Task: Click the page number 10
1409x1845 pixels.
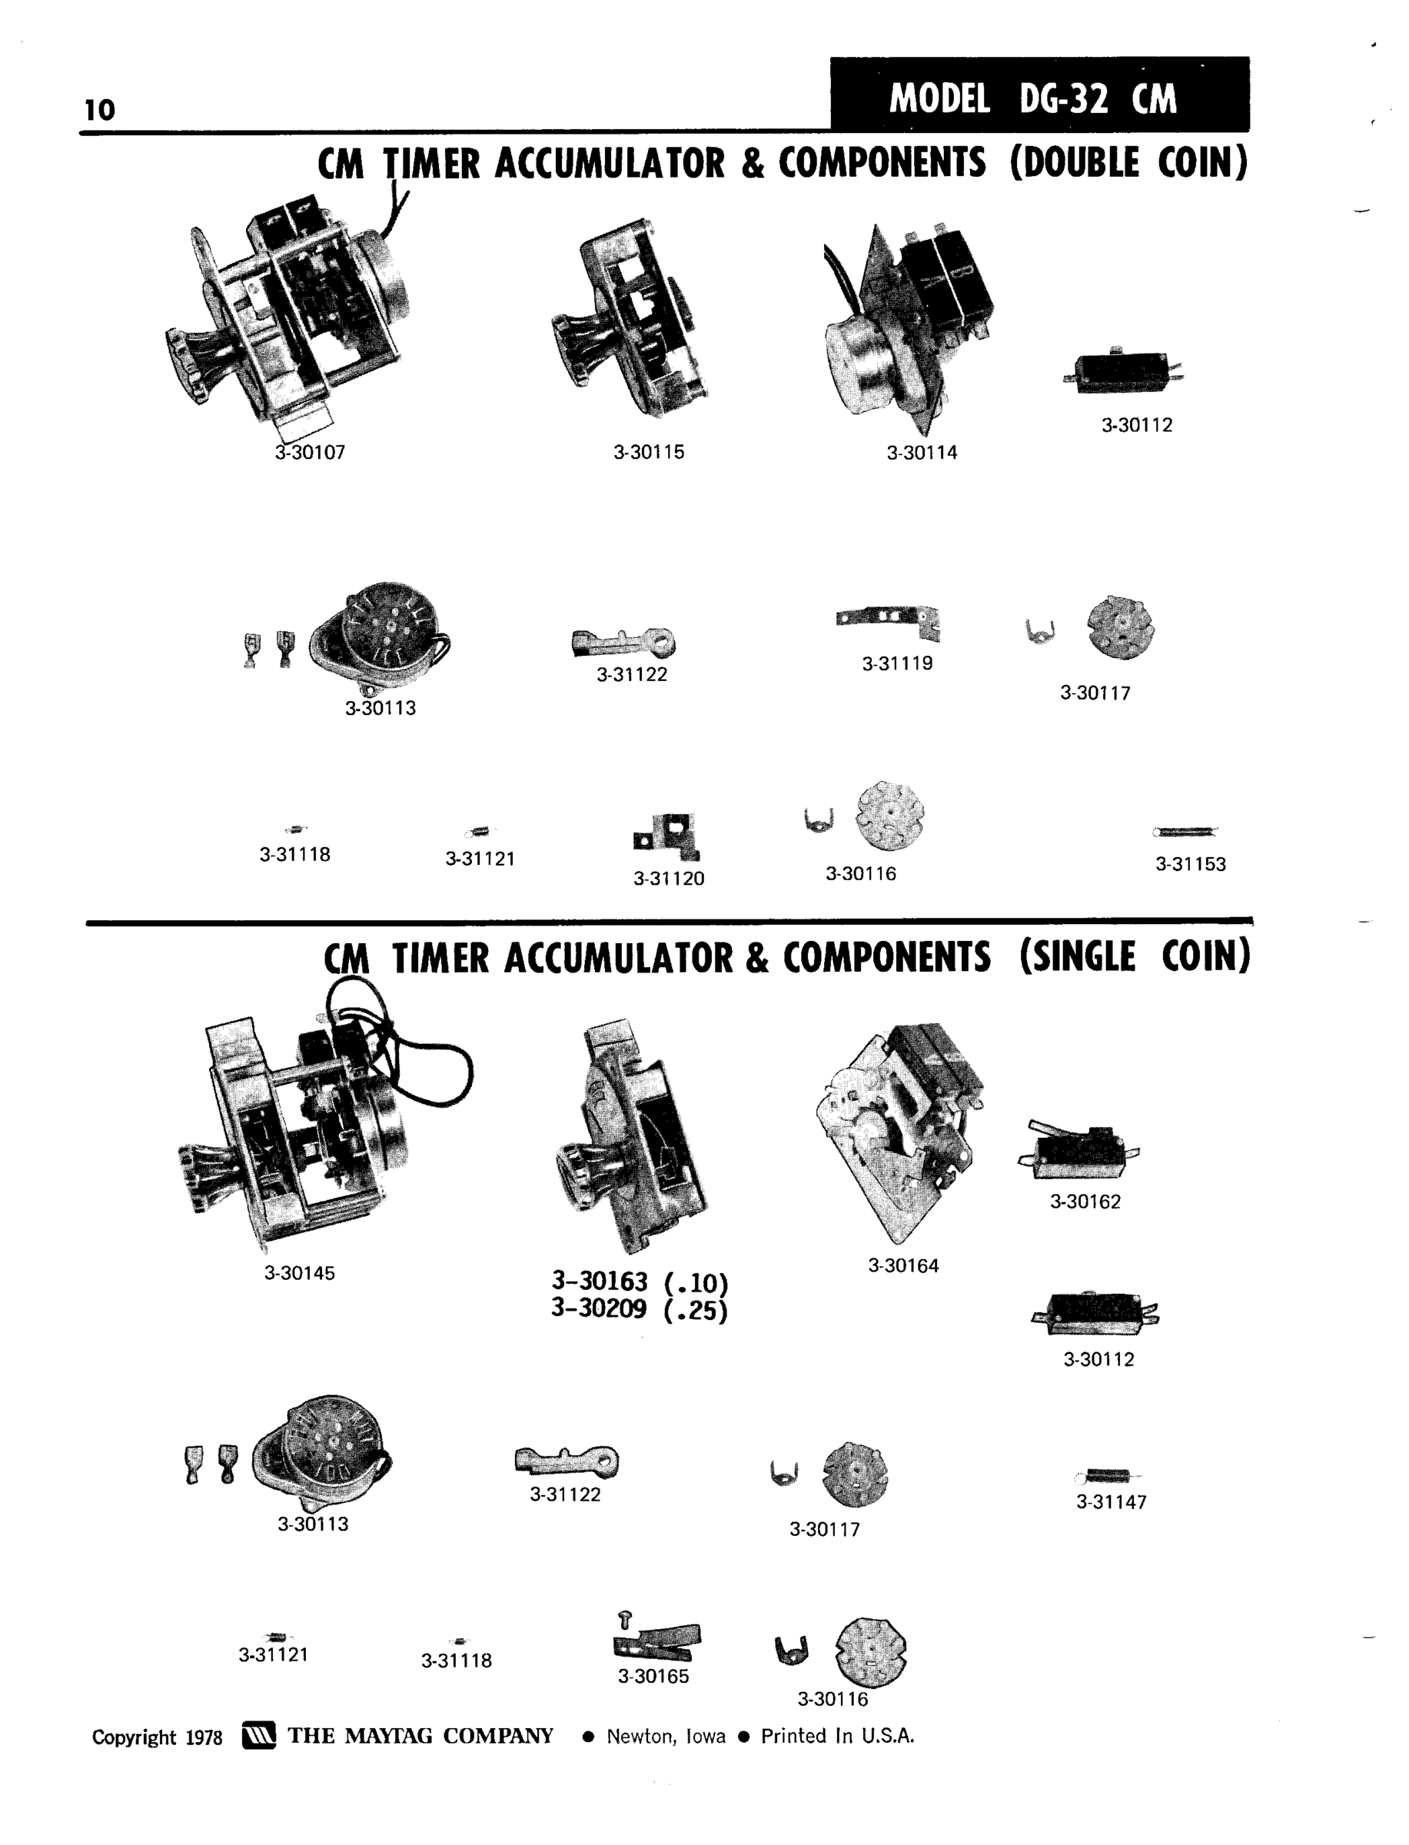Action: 100,109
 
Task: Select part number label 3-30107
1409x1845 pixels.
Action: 311,452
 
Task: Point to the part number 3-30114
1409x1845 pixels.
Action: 922,453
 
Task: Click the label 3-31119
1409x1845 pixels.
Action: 897,663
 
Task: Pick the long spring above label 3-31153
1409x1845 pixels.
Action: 1185,832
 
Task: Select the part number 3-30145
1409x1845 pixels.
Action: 300,1272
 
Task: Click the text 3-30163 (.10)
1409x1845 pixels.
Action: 640,1282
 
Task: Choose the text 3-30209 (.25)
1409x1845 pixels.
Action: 640,1309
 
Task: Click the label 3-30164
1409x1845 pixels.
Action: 903,1265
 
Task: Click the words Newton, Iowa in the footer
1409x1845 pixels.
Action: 666,1736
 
